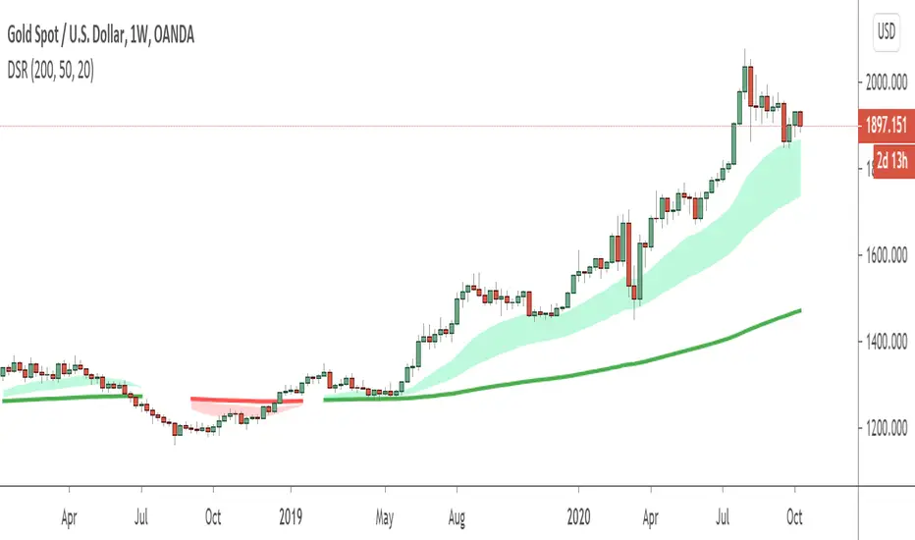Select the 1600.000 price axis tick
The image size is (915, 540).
pos(884,255)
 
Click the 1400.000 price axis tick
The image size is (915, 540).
pos(884,342)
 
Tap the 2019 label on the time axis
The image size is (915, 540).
pos(291,513)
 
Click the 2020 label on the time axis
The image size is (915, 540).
pos(579,513)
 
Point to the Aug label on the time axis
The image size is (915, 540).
pos(457,513)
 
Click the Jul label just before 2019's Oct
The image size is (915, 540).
pos(141,513)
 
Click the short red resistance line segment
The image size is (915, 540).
pos(245,400)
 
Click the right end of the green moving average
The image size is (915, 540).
pos(798,311)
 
